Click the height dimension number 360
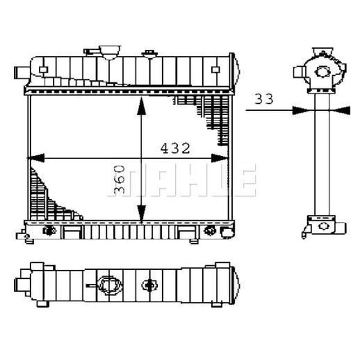[x=119, y=181]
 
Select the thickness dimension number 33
[x=263, y=98]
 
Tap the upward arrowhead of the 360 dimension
[x=141, y=104]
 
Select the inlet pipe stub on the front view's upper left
[x=20, y=73]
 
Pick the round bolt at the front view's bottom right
[x=209, y=230]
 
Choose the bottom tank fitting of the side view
[x=324, y=226]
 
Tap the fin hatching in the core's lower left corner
[x=45, y=198]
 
